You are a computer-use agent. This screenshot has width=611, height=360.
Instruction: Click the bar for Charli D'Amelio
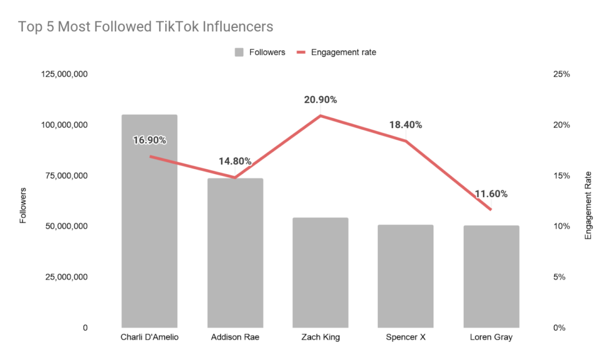pyautogui.click(x=149, y=237)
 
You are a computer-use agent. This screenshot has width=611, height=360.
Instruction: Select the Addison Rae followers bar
pyautogui.click(x=235, y=262)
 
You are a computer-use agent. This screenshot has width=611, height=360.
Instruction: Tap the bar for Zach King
pyautogui.click(x=320, y=275)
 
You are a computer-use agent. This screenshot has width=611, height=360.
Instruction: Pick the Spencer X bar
pyautogui.click(x=405, y=278)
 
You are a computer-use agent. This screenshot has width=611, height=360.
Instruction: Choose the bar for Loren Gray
pyautogui.click(x=491, y=278)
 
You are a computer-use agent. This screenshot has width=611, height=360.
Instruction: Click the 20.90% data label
pyautogui.click(x=320, y=100)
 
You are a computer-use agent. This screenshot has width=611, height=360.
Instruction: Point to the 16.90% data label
pyautogui.click(x=149, y=140)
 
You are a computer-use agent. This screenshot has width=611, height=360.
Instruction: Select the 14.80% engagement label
pyautogui.click(x=235, y=161)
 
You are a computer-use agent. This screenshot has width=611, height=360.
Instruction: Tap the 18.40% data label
pyautogui.click(x=405, y=125)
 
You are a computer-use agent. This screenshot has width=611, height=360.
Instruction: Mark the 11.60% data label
pyautogui.click(x=491, y=194)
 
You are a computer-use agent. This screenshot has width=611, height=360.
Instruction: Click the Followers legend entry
pyautogui.click(x=260, y=52)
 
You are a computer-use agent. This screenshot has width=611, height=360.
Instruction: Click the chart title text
pyautogui.click(x=145, y=27)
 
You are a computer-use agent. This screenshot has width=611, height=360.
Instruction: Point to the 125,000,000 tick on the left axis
pyautogui.click(x=64, y=74)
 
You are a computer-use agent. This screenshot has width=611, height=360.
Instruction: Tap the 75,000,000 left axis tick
pyautogui.click(x=67, y=176)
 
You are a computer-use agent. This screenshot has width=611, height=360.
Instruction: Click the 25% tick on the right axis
pyautogui.click(x=562, y=74)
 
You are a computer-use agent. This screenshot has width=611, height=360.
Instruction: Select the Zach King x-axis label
pyautogui.click(x=320, y=338)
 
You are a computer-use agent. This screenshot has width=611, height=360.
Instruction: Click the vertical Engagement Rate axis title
pyautogui.click(x=589, y=206)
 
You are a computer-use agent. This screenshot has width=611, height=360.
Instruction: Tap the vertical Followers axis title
pyautogui.click(x=23, y=205)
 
